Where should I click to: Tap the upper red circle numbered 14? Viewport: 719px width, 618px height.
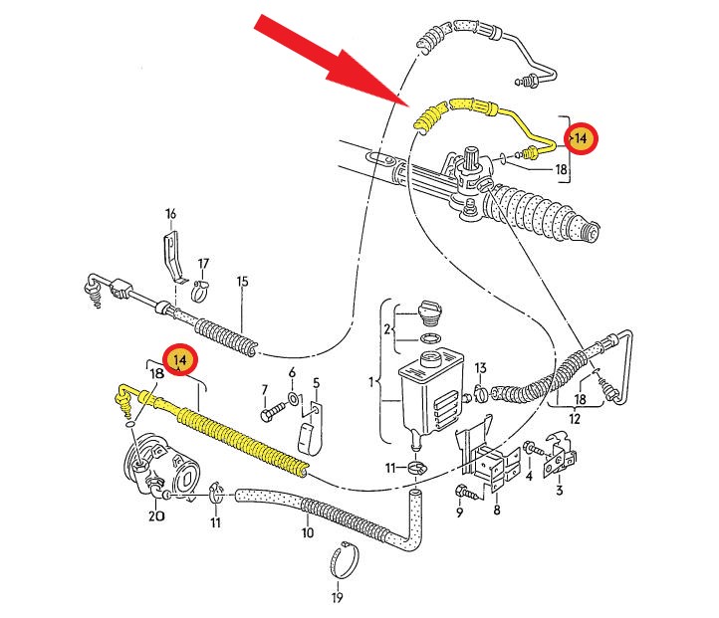pos(580,138)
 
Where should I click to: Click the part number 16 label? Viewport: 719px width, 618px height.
pos(170,214)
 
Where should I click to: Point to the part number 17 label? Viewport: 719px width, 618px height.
pos(203,264)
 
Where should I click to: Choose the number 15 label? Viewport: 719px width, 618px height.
pos(241,282)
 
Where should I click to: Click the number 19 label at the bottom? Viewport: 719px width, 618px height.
pos(338,597)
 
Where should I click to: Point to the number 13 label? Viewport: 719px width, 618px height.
pos(480,368)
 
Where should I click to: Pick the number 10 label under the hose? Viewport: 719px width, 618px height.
pos(308,532)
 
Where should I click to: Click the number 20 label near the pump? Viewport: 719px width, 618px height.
pos(155,515)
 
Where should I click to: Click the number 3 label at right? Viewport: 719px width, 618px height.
pos(559,490)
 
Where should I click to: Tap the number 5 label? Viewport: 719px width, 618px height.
pos(316,382)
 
